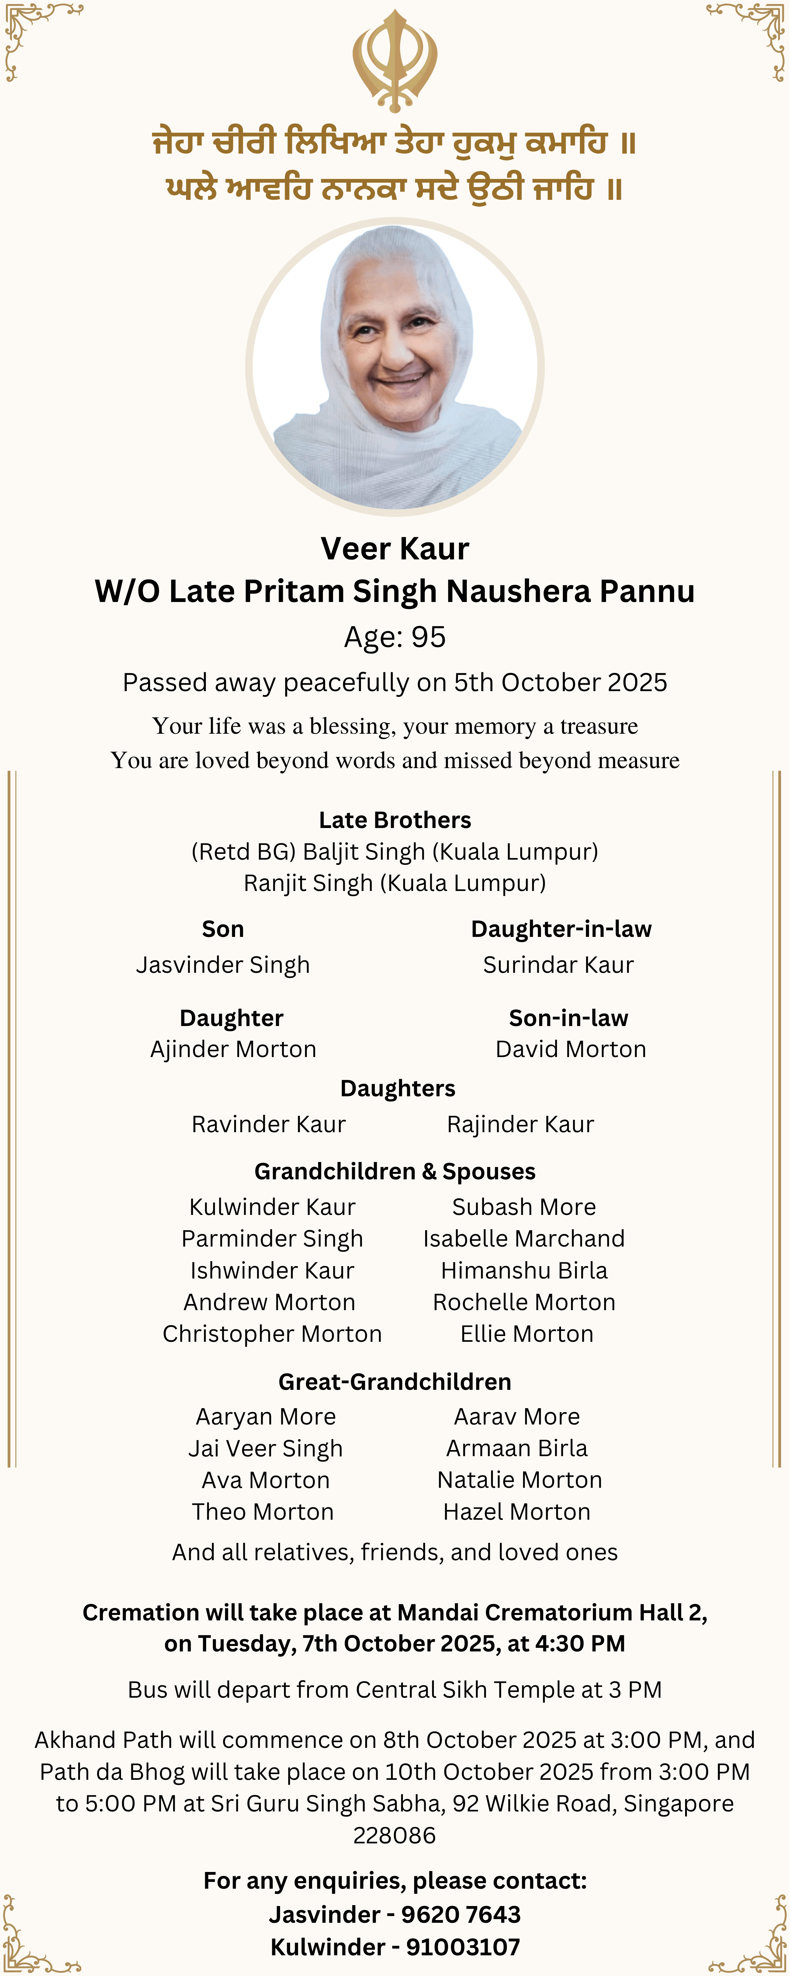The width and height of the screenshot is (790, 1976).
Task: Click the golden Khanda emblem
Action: tap(395, 60)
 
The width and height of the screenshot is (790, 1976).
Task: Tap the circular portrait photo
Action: tap(395, 367)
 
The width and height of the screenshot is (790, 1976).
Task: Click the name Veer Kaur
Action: tap(395, 548)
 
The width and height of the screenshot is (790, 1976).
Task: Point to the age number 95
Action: tap(429, 637)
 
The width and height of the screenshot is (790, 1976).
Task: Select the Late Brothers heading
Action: tap(395, 820)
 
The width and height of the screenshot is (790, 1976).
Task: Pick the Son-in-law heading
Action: tap(568, 1018)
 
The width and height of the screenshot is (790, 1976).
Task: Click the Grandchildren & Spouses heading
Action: tap(395, 1171)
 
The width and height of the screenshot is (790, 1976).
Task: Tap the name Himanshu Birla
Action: tap(524, 1270)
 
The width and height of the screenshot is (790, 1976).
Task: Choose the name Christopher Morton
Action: tap(272, 1334)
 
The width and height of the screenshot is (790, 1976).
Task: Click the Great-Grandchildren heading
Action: tap(395, 1382)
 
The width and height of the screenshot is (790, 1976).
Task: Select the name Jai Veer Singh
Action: tap(265, 1448)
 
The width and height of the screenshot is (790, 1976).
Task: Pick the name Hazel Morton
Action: tap(517, 1512)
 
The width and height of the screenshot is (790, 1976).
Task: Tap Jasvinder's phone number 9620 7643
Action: tap(461, 1915)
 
